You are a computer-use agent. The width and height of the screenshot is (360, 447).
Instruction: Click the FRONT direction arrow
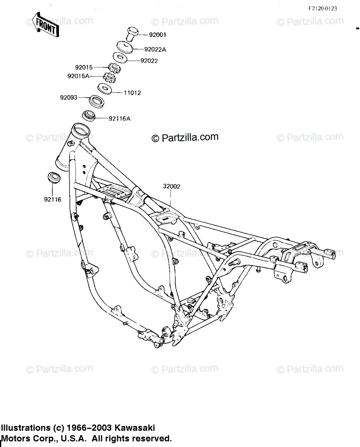click(x=44, y=25)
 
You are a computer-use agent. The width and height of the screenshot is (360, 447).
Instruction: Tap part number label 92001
click(x=157, y=35)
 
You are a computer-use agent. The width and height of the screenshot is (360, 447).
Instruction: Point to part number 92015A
click(x=79, y=76)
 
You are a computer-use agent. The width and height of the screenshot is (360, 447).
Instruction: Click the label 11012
click(x=132, y=93)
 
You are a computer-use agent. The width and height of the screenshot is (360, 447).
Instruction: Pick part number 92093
click(x=68, y=98)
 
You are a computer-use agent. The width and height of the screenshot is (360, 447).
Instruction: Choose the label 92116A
click(x=120, y=119)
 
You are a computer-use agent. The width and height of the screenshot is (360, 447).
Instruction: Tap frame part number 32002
click(x=171, y=187)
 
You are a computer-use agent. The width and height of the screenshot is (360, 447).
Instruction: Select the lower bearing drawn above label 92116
click(x=53, y=177)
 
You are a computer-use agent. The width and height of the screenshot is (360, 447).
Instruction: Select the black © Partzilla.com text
click(x=185, y=138)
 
